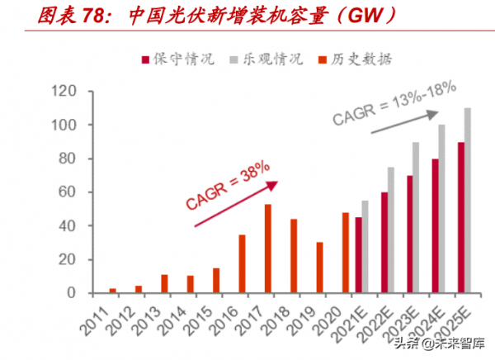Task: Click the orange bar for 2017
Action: (x=268, y=249)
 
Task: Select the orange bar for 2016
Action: (x=242, y=263)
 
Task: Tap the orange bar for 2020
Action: (x=345, y=253)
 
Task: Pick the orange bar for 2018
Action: (x=293, y=256)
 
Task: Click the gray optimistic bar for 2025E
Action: (x=468, y=201)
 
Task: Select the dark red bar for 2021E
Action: (x=359, y=255)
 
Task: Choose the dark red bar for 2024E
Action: (x=435, y=225)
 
